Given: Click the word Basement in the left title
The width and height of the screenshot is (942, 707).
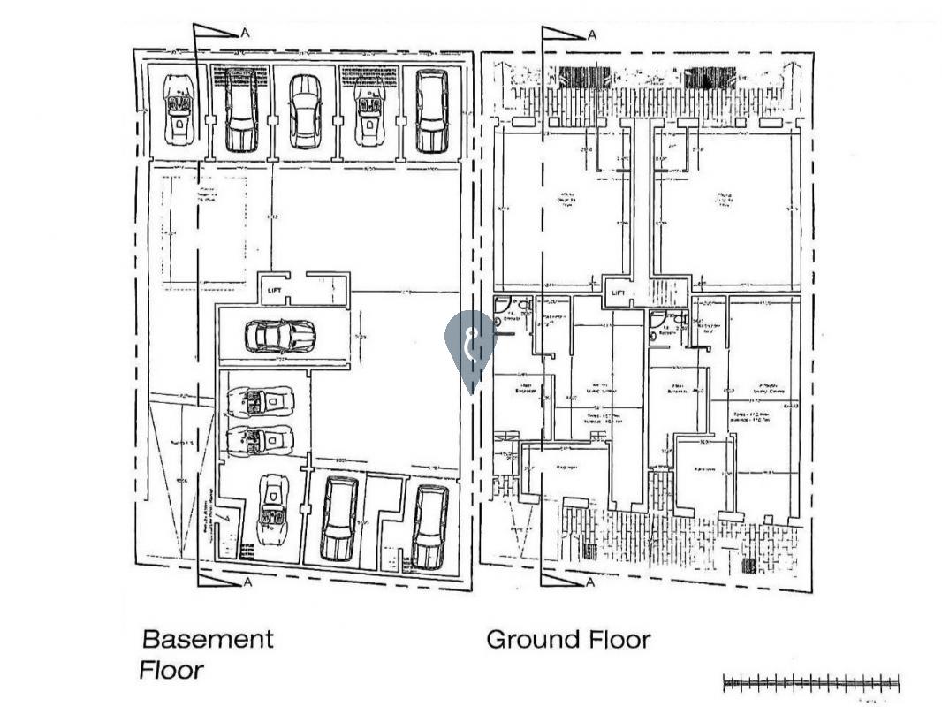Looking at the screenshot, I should [x=208, y=639].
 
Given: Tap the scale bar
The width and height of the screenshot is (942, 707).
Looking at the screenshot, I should [x=810, y=682].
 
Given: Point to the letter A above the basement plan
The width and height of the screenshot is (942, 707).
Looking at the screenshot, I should [x=242, y=34].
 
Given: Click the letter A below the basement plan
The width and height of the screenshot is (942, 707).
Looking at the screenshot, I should [x=247, y=582].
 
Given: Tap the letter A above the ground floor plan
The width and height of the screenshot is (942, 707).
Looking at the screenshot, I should [x=591, y=35].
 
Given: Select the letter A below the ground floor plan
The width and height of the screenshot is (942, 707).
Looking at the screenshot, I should [x=591, y=582].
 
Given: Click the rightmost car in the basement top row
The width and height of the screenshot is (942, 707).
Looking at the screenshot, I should [x=431, y=110].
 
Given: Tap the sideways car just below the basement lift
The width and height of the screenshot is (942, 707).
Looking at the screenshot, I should [x=279, y=336].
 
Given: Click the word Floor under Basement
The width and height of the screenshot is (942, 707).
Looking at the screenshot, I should [x=171, y=671].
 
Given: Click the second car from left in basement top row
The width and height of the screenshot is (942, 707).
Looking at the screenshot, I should [x=239, y=110].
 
